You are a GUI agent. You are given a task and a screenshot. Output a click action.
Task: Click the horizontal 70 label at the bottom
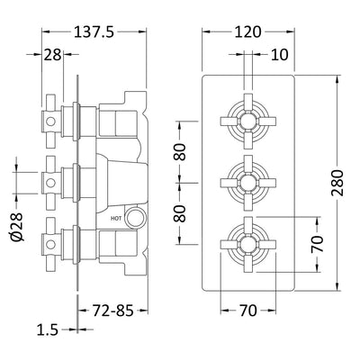coord(252,312)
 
